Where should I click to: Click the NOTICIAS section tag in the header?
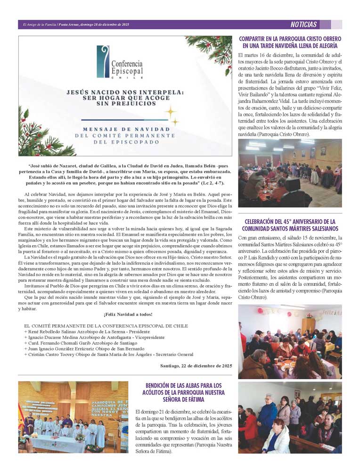click(x=303, y=25)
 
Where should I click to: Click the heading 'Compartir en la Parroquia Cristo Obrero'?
click(x=290, y=42)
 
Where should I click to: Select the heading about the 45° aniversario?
click(x=290, y=225)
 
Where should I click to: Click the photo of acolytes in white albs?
click(x=73, y=417)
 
